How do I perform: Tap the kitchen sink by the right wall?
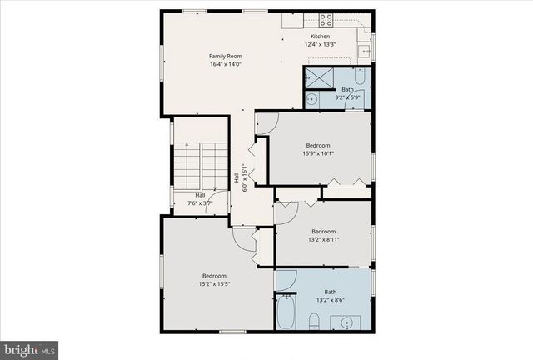(x=365, y=52)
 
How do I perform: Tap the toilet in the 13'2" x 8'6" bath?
(x=313, y=321)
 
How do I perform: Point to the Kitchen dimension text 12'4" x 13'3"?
(x=321, y=46)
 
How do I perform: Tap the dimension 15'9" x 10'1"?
(x=317, y=152)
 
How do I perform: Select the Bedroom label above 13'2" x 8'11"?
(x=323, y=231)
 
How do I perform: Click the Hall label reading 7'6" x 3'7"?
(x=200, y=200)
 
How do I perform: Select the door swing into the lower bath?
(x=286, y=279)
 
